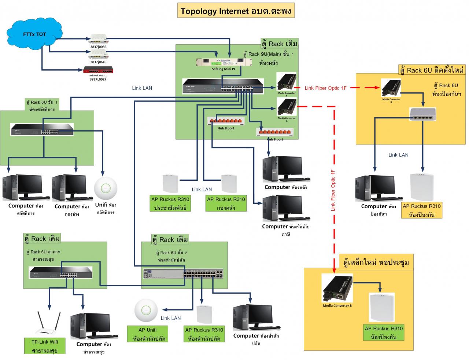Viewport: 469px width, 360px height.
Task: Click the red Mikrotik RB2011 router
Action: click(98, 70)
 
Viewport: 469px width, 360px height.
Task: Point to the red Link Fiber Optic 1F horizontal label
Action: click(325, 88)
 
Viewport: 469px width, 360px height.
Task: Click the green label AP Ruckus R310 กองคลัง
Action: click(226, 203)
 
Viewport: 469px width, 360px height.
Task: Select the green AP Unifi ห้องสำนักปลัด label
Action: click(147, 334)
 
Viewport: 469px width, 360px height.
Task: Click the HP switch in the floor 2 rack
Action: click(184, 273)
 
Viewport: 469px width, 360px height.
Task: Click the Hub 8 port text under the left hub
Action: click(226, 128)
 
